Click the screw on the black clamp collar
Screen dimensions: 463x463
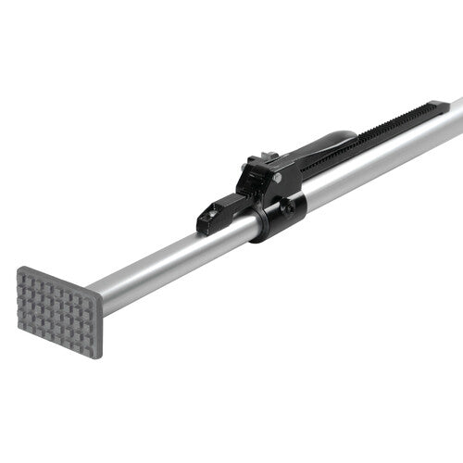(x=289, y=207)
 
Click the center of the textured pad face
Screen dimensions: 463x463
(x=57, y=311)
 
